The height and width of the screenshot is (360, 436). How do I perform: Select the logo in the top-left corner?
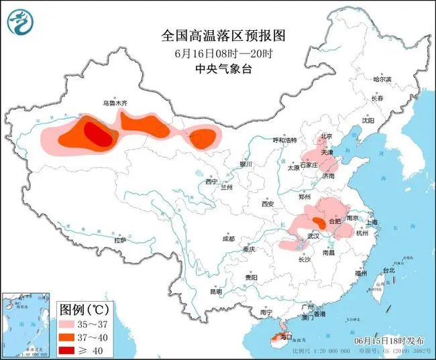[x=20, y=21]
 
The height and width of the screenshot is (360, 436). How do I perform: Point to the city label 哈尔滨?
[x=382, y=79]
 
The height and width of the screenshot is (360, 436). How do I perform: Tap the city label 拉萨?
[x=120, y=240]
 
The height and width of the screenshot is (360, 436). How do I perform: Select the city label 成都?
[x=228, y=239]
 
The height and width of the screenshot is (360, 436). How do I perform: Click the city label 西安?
[x=268, y=203]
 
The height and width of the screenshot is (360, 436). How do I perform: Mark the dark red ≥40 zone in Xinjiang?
[x=100, y=136]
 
